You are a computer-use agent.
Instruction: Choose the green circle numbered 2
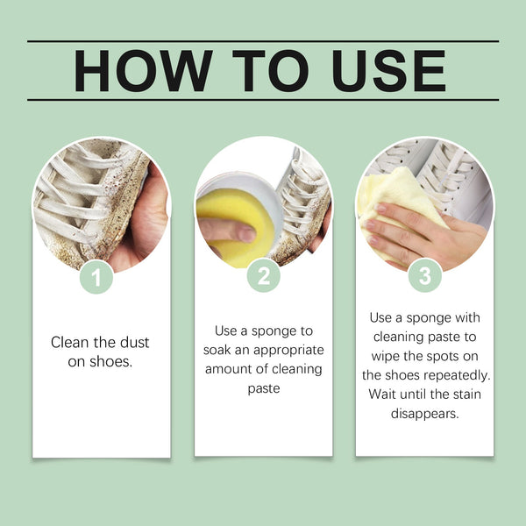[263, 277]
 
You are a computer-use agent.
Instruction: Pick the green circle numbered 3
[425, 277]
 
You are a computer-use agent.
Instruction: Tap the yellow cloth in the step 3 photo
[390, 206]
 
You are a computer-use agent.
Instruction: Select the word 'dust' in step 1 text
[132, 341]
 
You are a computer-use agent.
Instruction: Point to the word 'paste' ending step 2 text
[263, 387]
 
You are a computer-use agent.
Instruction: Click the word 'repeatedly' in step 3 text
[457, 374]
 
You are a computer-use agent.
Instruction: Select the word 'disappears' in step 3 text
[424, 412]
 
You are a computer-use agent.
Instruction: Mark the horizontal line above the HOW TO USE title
[263, 41]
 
